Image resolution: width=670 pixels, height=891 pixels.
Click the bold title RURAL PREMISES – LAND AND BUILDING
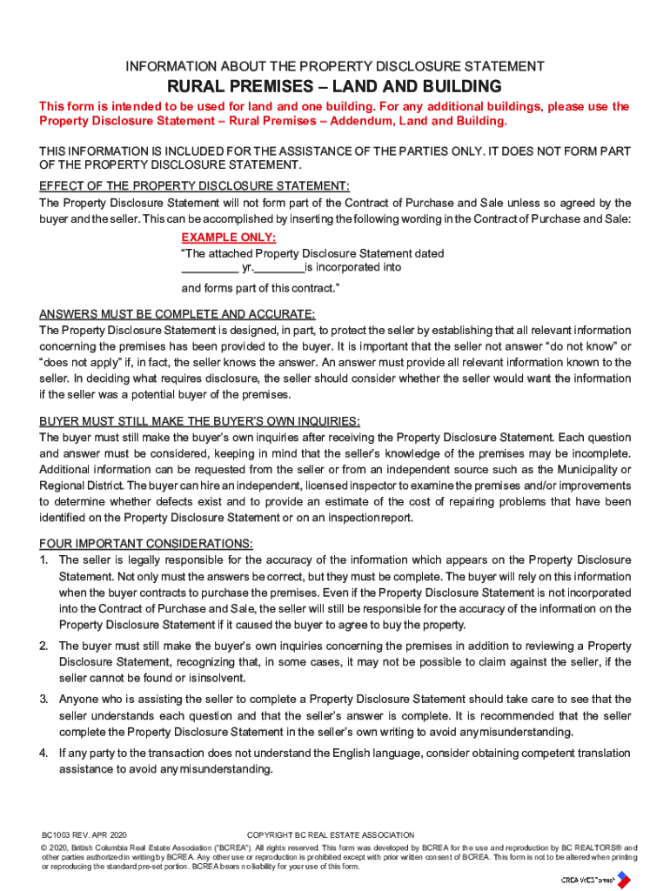point(335,86)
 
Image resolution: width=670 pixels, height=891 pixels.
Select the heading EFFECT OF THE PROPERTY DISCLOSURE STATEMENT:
point(195,186)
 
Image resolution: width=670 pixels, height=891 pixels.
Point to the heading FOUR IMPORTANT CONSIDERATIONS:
point(146,544)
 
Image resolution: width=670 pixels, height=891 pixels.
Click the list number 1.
point(44,560)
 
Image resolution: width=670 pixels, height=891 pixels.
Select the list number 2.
point(44,646)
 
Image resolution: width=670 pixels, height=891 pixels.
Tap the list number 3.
point(44,700)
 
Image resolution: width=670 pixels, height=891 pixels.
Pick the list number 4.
point(44,753)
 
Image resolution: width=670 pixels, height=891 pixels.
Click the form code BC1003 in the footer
point(58,835)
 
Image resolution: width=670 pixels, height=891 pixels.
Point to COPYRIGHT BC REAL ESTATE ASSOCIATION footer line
point(331,835)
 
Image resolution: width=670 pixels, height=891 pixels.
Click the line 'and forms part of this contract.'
point(260,288)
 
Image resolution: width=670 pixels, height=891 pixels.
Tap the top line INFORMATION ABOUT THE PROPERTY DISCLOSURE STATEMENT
point(335,66)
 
